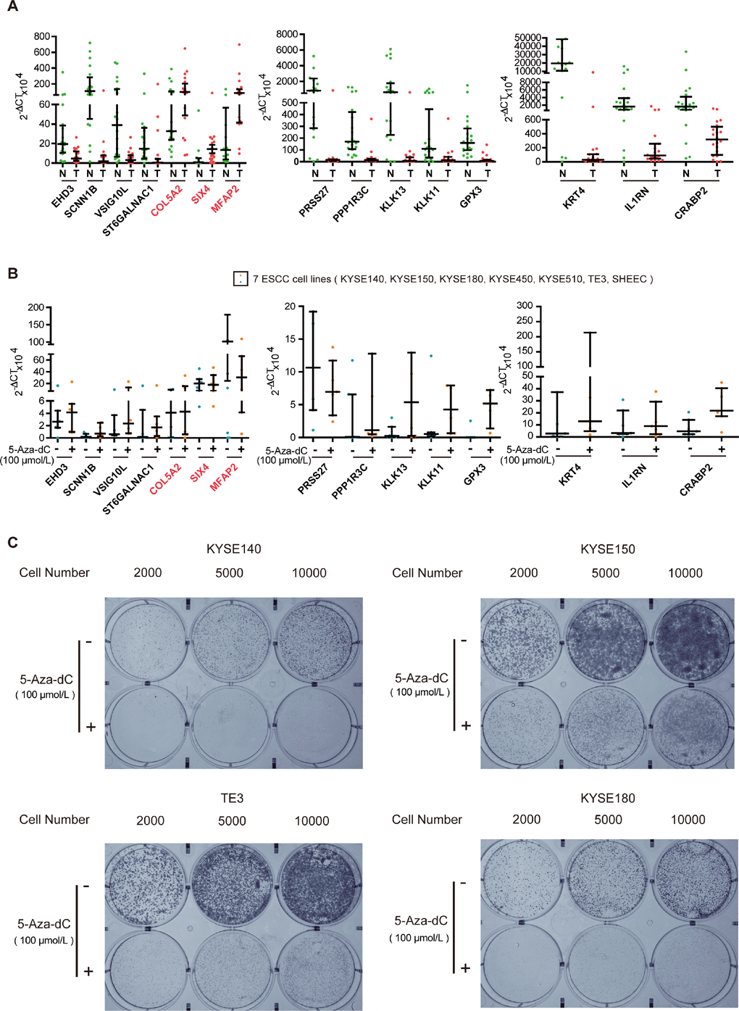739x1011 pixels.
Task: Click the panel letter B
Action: click(x=12, y=273)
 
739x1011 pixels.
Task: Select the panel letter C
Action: click(x=12, y=542)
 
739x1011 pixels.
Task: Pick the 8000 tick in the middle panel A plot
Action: click(x=287, y=34)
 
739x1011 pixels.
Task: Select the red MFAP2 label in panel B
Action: click(x=225, y=478)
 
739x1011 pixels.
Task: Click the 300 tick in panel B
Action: click(x=524, y=306)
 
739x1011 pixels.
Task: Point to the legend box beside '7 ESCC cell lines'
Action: click(x=241, y=279)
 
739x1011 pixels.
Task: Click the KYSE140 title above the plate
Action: click(x=233, y=549)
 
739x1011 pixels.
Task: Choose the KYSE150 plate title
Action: click(x=607, y=549)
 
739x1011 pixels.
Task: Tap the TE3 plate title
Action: click(x=232, y=798)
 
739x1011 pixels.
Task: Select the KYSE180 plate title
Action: click(x=607, y=798)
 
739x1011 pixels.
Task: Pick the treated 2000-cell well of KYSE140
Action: click(x=149, y=727)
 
